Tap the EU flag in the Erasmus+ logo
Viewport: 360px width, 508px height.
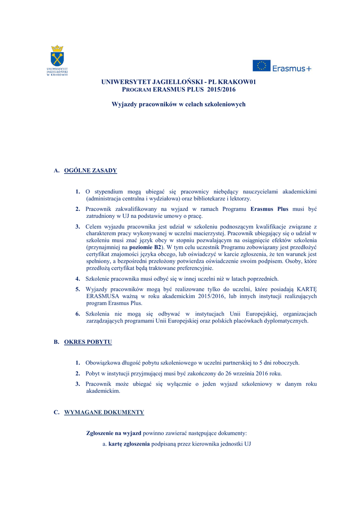pos(261,65)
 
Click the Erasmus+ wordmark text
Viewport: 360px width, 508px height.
pos(292,68)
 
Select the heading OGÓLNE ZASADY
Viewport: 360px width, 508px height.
pos(90,171)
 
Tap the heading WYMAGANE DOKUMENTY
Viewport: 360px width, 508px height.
pos(104,412)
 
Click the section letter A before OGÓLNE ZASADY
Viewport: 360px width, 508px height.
pos(56,171)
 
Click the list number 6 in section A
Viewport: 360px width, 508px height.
pos(78,314)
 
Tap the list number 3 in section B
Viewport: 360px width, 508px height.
pos(78,384)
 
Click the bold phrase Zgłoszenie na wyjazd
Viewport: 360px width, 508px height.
pos(114,433)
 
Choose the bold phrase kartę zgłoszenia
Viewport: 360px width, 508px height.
pos(129,444)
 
